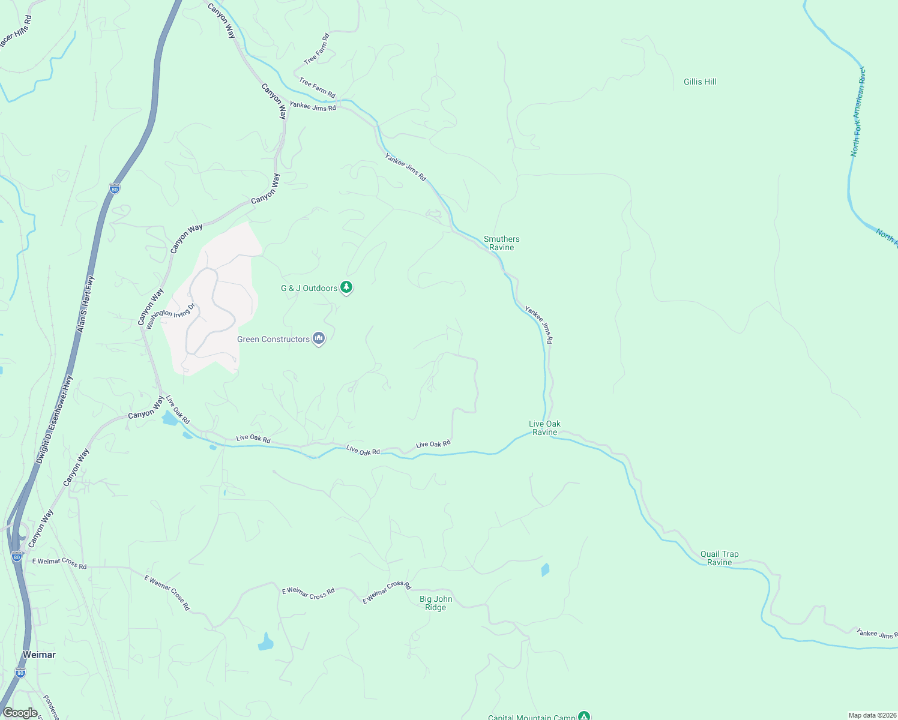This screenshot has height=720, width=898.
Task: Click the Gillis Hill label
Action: (x=700, y=82)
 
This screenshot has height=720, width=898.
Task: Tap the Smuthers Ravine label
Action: (x=502, y=243)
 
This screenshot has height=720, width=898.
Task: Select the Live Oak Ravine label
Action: (x=544, y=428)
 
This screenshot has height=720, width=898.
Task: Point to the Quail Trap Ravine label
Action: (x=719, y=558)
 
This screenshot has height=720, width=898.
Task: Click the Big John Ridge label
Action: (x=436, y=603)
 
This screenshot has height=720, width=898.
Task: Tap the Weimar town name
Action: (x=39, y=655)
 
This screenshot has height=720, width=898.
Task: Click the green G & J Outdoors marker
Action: (x=346, y=287)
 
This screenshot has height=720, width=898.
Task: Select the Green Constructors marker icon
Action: (x=319, y=339)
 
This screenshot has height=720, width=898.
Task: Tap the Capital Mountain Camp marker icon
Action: (x=583, y=716)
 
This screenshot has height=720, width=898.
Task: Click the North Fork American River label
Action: (x=857, y=112)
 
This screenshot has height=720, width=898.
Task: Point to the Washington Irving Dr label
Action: (x=171, y=316)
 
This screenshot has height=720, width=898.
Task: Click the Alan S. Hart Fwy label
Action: (x=86, y=304)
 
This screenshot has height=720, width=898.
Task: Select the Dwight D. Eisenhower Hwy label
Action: (x=54, y=420)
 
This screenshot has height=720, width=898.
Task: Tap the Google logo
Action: (x=20, y=713)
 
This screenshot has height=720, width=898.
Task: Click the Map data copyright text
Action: (x=872, y=715)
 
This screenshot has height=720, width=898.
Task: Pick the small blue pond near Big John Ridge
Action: (x=545, y=569)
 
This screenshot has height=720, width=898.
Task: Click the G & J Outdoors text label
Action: (x=309, y=289)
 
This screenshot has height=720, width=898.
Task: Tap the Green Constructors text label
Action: (x=273, y=340)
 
